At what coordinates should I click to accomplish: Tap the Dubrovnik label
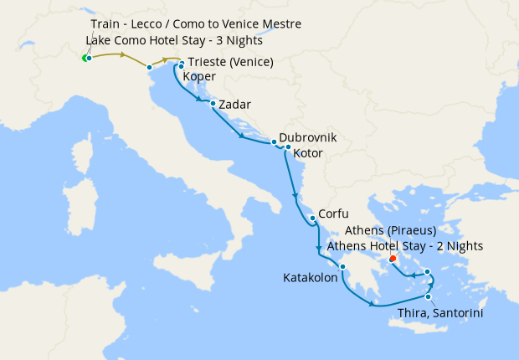click(x=307, y=136)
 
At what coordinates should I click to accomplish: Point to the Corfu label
click(x=333, y=214)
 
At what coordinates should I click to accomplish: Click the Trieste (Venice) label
click(x=230, y=62)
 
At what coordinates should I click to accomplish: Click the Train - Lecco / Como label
click(x=195, y=24)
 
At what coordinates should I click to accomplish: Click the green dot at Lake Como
click(x=85, y=58)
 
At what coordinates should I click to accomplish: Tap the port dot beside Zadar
click(x=213, y=104)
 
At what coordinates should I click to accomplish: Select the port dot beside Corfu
click(x=312, y=219)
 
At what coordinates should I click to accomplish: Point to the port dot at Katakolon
click(x=342, y=267)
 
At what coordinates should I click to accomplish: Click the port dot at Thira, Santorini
click(x=429, y=296)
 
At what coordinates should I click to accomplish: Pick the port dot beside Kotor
click(x=288, y=147)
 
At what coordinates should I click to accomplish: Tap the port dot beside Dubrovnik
click(x=273, y=141)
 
